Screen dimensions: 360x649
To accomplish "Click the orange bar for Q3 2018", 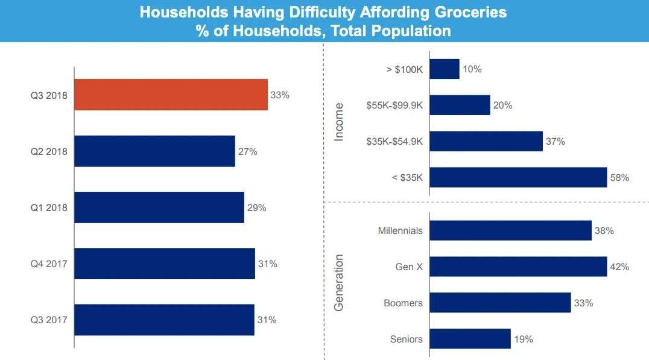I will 171,95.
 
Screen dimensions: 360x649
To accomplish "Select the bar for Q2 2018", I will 154,151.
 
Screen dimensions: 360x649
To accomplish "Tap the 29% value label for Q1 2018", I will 256,207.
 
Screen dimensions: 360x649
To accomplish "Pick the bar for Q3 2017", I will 164,320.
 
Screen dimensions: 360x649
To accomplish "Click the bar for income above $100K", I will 445,69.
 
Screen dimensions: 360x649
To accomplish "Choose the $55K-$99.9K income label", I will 394,106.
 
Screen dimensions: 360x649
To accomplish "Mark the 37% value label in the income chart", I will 556,142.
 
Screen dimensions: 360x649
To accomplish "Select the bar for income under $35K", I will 518,177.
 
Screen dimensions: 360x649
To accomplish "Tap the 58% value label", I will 619,178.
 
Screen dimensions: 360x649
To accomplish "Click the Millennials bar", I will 510,230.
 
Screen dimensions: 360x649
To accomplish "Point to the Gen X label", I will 410,267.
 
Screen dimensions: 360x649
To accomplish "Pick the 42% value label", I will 619,267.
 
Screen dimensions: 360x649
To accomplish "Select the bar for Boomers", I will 500,303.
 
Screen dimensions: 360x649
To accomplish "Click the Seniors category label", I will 407,338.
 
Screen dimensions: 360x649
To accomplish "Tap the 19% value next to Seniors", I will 524,339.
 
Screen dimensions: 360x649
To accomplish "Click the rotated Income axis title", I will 339,123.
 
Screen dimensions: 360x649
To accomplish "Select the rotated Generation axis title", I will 339,282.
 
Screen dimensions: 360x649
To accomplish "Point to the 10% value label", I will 472,69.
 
